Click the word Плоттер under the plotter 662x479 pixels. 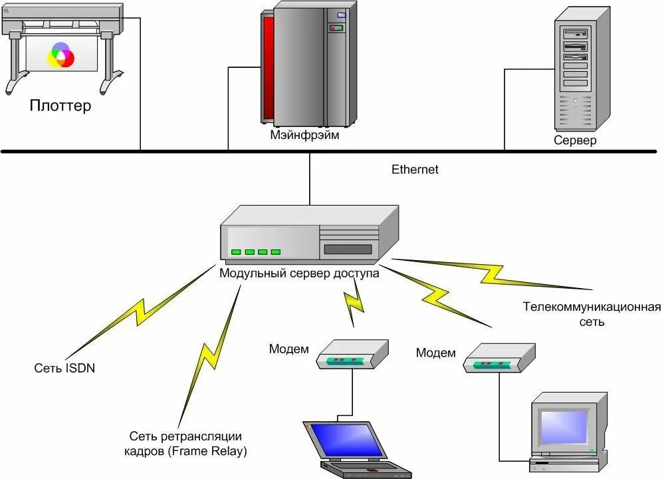(60, 105)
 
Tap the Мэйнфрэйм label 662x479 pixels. (304, 135)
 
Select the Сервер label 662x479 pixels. (575, 140)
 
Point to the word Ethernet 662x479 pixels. (415, 169)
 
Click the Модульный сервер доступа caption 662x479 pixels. (299, 273)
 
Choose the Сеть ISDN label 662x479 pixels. (64, 368)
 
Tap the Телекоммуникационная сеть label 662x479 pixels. (592, 314)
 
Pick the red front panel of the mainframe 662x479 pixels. (269, 68)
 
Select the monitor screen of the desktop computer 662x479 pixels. (564, 427)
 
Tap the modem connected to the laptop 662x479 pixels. (352, 355)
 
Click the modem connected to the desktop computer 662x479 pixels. (499, 358)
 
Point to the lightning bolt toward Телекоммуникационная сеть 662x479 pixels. (492, 274)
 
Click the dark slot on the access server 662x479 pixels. (348, 249)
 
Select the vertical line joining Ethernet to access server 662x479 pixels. (310, 179)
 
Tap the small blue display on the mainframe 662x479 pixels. (341, 15)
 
